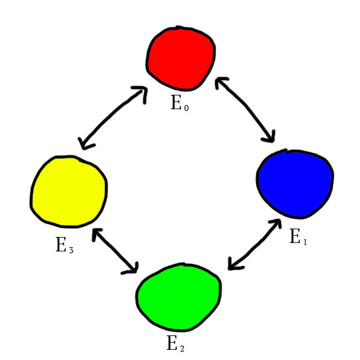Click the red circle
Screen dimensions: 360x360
[x=180, y=57]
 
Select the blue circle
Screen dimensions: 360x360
[x=294, y=183]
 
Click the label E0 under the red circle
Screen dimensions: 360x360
[x=179, y=103]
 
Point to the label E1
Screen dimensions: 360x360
[x=298, y=237]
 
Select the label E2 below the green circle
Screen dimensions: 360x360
[x=175, y=344]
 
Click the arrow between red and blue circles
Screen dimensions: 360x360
[x=245, y=110]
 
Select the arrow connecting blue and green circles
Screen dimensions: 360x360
[x=254, y=245]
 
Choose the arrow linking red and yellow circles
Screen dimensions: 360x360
[x=112, y=118]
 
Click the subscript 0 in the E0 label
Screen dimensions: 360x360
[x=186, y=107]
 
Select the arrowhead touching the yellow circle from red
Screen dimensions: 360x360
[x=85, y=142]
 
